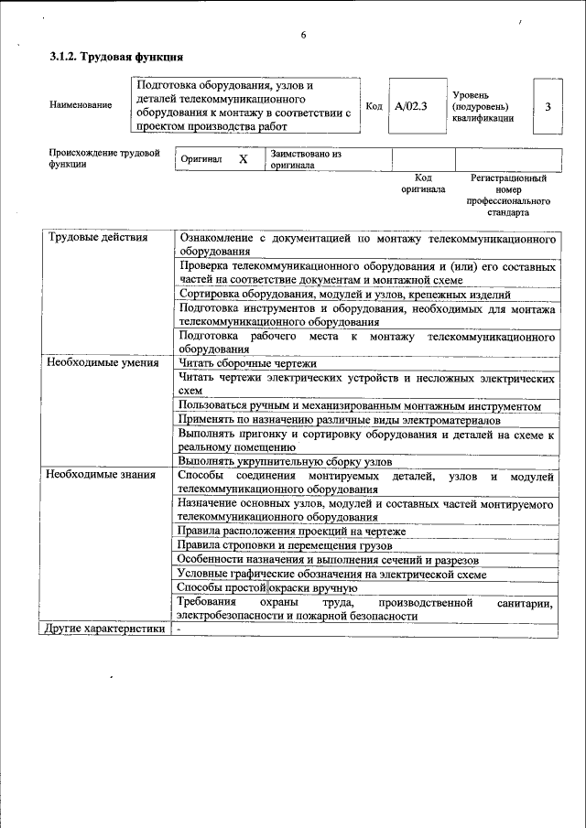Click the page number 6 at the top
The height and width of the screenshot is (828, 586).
coord(303,36)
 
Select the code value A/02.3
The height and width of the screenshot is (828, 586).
coord(411,106)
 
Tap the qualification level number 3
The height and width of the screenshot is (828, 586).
coord(548,106)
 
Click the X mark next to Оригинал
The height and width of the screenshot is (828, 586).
coord(244,159)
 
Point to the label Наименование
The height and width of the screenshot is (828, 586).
coord(81,105)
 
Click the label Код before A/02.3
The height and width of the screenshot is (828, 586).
coord(374,106)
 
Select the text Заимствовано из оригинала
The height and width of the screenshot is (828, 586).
coord(305,159)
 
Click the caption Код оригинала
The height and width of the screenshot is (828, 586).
coord(422,183)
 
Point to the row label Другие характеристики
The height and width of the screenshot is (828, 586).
coord(105,629)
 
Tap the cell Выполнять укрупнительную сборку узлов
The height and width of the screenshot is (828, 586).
coord(285,461)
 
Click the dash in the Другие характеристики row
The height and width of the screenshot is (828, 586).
coord(180,629)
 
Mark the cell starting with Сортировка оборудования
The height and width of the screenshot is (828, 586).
coord(345,295)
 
